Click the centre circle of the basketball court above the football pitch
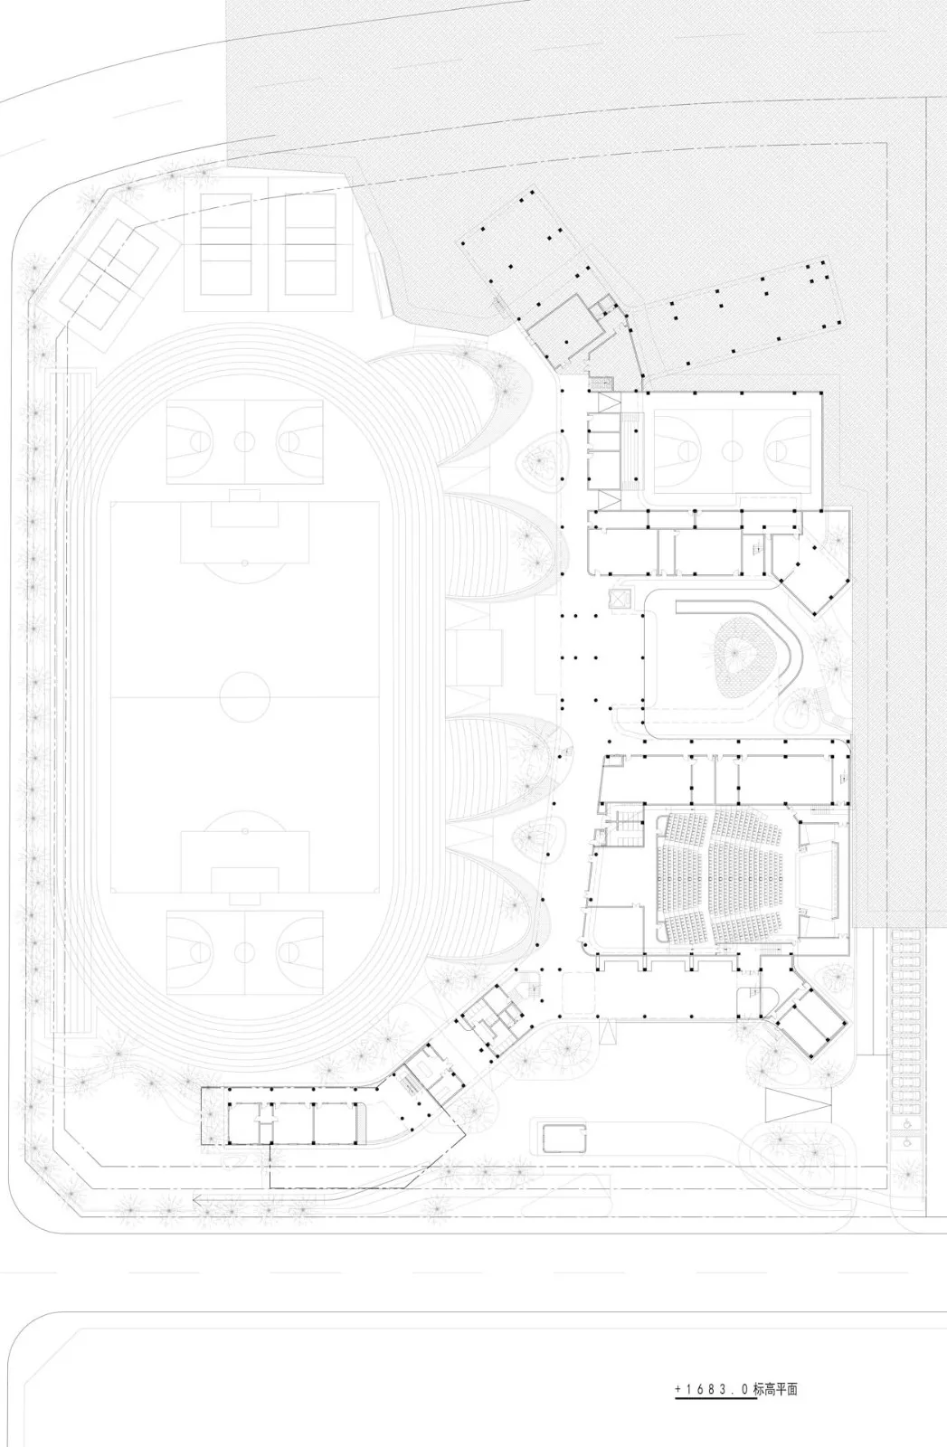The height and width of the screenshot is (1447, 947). pyautogui.click(x=245, y=442)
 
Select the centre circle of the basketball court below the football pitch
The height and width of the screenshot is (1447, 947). pyautogui.click(x=245, y=952)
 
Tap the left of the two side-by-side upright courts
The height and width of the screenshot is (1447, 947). pyautogui.click(x=226, y=244)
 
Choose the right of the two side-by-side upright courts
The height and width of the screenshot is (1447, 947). pyautogui.click(x=311, y=244)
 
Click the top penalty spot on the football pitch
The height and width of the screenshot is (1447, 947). pyautogui.click(x=245, y=563)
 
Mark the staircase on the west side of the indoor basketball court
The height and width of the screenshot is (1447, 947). pyautogui.click(x=630, y=450)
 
